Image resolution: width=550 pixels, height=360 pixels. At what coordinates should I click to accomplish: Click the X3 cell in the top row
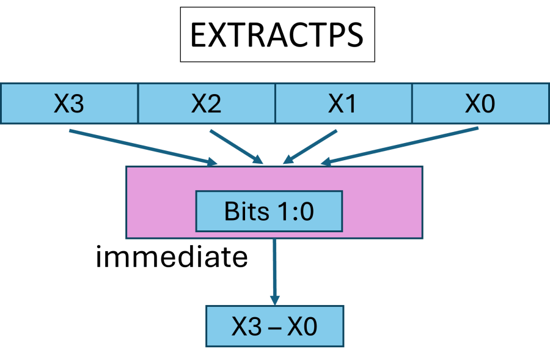pyautogui.click(x=69, y=104)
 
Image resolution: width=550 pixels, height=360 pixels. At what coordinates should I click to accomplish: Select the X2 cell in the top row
pyautogui.click(x=207, y=104)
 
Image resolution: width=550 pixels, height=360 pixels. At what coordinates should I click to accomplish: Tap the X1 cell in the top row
pyautogui.click(x=343, y=104)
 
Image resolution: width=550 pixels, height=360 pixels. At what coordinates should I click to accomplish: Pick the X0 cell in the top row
pyautogui.click(x=480, y=104)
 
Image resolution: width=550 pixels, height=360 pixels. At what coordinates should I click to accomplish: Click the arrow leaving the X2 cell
pyautogui.click(x=235, y=146)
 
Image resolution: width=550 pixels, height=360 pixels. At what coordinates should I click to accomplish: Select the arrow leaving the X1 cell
pyautogui.click(x=310, y=146)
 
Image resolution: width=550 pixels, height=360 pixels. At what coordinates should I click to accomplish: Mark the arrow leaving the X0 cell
pyautogui.click(x=400, y=146)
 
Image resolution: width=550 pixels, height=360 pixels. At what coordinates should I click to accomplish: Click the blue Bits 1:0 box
pyautogui.click(x=269, y=211)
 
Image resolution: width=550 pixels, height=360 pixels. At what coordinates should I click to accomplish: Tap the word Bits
pyautogui.click(x=247, y=211)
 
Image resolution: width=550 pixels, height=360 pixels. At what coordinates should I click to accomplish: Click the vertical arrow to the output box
pyautogui.click(x=274, y=269)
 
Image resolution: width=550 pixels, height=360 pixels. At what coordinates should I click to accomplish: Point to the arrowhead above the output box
pyautogui.click(x=274, y=301)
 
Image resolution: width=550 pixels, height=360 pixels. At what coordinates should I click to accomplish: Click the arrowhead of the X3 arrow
pyautogui.click(x=213, y=162)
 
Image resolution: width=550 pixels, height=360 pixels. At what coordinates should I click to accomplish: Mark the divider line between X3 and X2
pyautogui.click(x=138, y=104)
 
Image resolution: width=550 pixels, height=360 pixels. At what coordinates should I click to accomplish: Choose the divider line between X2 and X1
pyautogui.click(x=276, y=104)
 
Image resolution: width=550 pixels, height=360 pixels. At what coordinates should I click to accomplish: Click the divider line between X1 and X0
pyautogui.click(x=413, y=104)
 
